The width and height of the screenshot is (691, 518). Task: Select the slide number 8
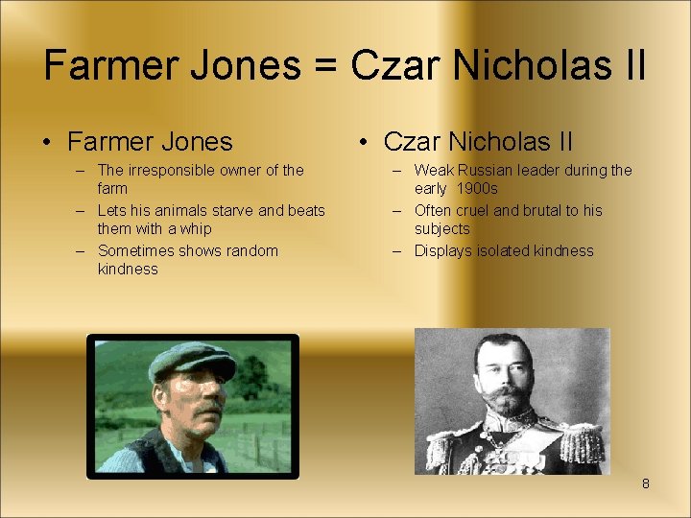pos(645,484)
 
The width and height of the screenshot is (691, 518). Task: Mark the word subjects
pos(441,229)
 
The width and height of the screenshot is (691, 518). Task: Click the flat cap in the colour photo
pos(193,360)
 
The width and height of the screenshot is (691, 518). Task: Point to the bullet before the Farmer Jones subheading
pos(47,143)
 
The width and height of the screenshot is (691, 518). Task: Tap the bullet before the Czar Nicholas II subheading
pos(363,143)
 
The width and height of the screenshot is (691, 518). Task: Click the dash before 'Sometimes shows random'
pos(80,250)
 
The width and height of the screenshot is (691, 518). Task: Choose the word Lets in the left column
pos(112,210)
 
